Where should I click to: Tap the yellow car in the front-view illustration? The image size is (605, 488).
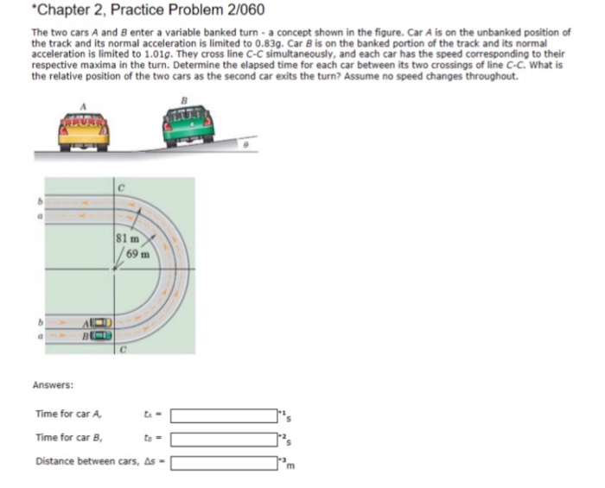pos(85,131)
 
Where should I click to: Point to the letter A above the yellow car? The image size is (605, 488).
pos(84,103)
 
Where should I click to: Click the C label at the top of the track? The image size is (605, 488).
pos(124,185)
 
